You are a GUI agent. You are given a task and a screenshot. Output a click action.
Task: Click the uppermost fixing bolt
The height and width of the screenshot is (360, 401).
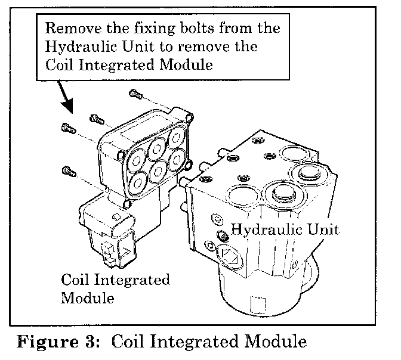pos(135,93)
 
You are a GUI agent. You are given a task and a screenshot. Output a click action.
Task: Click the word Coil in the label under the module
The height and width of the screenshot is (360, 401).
pos(76,280)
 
